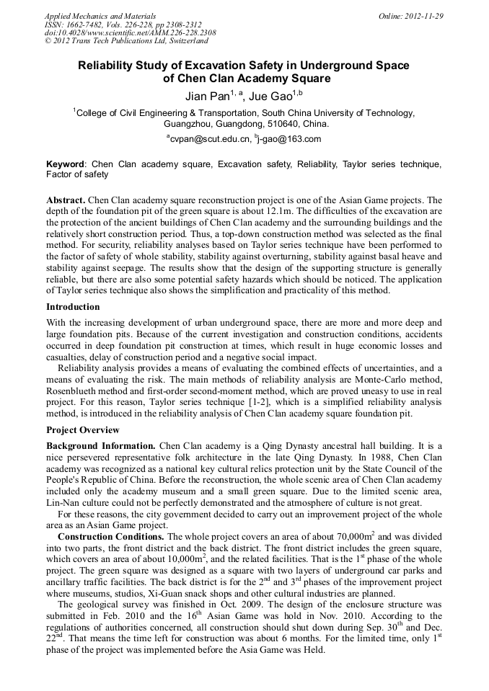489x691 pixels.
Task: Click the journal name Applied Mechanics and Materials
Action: (100, 16)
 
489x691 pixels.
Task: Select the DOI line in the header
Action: (130, 32)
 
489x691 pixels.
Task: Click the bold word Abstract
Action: (66, 200)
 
